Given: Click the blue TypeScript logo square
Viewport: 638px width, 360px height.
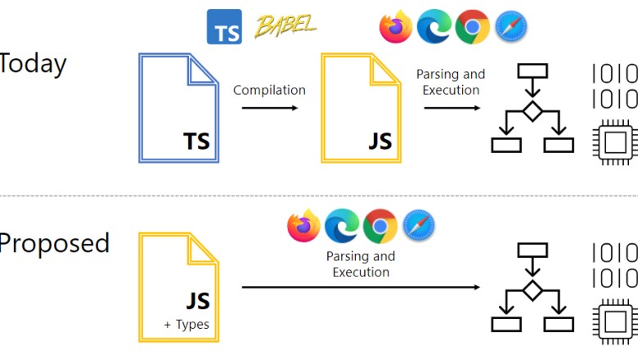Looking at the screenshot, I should (224, 26).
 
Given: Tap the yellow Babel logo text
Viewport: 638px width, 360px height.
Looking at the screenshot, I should (285, 26).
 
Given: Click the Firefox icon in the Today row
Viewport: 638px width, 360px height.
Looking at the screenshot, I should (396, 27).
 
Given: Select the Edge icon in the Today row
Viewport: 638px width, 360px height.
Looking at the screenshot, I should (434, 27).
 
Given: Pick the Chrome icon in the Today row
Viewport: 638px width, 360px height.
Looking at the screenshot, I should (472, 27).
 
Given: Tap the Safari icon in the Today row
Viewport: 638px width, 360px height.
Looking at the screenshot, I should (510, 27).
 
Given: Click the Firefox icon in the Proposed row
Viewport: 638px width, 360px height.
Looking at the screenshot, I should (303, 226).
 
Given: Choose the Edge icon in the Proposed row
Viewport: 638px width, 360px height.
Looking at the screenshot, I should (342, 226).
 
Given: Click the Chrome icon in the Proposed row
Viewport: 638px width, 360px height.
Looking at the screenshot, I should (380, 226).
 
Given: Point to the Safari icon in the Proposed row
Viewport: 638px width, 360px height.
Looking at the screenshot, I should (419, 226).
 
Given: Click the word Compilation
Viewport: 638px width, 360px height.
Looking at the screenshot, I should (269, 90).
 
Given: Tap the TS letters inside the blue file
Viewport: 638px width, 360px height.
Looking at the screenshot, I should (196, 141).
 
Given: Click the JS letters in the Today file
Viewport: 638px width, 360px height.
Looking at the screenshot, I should (380, 141).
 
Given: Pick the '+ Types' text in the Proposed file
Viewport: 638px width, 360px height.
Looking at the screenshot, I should (186, 325).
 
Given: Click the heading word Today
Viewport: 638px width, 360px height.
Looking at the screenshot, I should (33, 64).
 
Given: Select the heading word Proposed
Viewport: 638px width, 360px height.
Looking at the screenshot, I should (54, 243).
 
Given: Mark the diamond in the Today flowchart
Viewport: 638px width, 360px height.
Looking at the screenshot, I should (532, 111).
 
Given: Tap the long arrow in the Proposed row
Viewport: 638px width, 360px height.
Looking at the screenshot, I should (360, 287).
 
